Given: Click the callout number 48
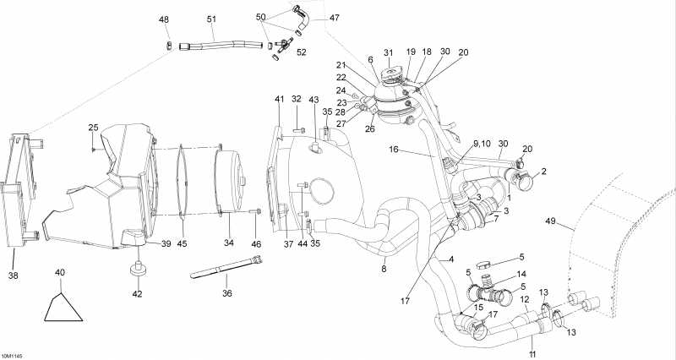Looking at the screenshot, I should (163, 19).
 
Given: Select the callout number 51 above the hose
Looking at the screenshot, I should (211, 19).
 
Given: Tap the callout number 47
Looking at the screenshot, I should (311, 18).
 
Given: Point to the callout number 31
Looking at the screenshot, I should (389, 53).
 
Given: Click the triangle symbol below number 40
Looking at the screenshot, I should (64, 308).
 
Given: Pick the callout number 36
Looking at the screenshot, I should (226, 293).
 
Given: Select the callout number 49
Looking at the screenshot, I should (552, 222).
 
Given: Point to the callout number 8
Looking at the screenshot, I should (384, 270).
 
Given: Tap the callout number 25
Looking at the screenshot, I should (94, 128).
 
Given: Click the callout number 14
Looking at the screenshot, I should (521, 275).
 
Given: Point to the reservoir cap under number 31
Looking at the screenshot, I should (390, 77).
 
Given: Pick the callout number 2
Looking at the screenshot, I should (544, 172).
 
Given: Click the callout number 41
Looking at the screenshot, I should (280, 100).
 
